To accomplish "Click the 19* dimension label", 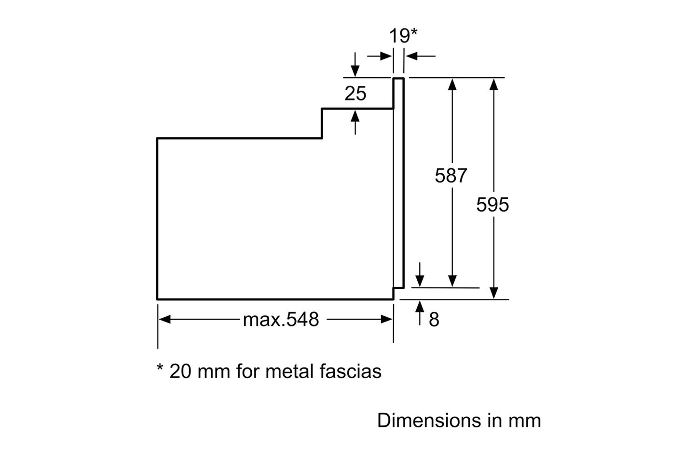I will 403,36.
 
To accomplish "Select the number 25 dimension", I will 355,93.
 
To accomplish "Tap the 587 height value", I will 451,176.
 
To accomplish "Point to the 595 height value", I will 492,205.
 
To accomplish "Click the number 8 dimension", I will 434,320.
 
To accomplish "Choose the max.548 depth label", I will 281,319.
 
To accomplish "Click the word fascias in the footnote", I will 351,371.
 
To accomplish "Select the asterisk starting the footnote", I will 161,368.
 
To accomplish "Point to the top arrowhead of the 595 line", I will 493,85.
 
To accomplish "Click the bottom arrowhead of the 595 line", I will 493,293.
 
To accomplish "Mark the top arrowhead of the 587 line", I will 452,85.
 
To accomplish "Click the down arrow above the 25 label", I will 355,70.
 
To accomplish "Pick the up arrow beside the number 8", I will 420,306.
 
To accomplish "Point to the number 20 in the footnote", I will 180,371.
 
